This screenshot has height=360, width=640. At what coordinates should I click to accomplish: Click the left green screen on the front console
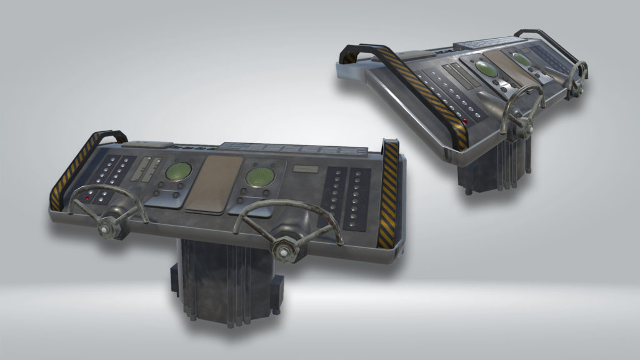[179, 171]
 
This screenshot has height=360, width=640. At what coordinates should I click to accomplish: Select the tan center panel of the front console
[214, 184]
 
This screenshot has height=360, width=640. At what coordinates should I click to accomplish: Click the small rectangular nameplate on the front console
[305, 170]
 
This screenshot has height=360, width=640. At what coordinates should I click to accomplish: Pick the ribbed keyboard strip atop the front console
[294, 149]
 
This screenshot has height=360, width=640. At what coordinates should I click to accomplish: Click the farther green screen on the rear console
[521, 58]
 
